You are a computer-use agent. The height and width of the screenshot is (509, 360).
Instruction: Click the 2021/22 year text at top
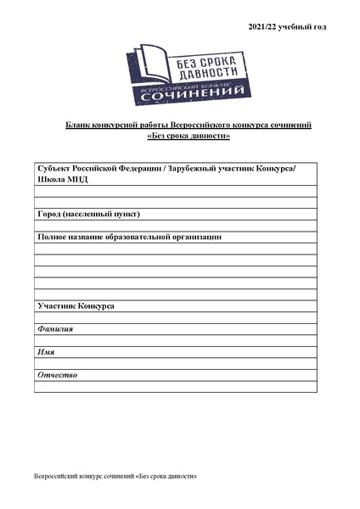[x=287, y=27]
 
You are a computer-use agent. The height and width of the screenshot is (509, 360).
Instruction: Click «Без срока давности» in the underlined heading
[x=188, y=136]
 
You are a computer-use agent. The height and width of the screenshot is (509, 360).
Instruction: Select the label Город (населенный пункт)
[x=88, y=214]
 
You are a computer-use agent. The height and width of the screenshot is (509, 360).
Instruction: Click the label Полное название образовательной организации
[x=129, y=237]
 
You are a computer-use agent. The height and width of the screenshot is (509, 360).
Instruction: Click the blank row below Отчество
[x=176, y=387]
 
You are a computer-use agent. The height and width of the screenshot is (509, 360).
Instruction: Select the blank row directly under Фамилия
[x=176, y=340]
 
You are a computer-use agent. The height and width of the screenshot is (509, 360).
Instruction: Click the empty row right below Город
[x=176, y=226]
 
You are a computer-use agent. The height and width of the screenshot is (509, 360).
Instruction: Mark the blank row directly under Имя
[x=176, y=363]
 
